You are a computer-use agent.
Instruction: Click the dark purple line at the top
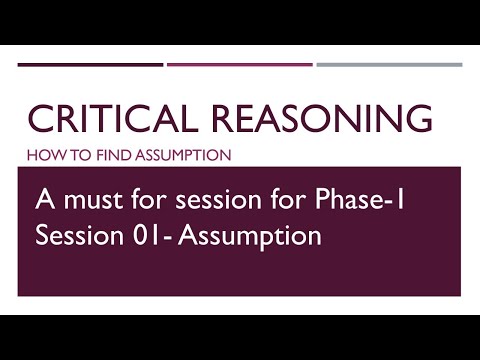[90, 65]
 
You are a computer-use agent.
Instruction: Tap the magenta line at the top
[239, 65]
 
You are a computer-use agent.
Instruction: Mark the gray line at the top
[389, 65]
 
